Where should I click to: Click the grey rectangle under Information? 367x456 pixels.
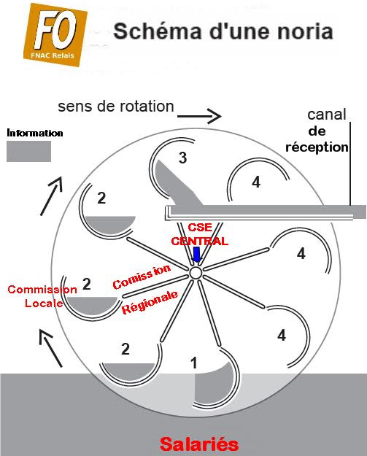point(28,151)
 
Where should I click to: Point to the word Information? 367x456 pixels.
point(34,134)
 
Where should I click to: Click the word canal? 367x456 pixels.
point(327,115)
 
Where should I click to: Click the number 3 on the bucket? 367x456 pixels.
point(183,158)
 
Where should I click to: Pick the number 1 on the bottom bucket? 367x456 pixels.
point(193,362)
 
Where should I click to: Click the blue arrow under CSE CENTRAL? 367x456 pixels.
point(196,255)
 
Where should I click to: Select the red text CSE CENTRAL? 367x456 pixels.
point(199,234)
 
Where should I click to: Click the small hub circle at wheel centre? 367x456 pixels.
point(196,272)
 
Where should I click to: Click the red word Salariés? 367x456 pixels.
point(199,443)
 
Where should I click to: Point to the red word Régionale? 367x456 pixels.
point(150,302)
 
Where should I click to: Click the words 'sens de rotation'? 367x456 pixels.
point(116,107)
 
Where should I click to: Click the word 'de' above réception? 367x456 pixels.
point(317,131)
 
